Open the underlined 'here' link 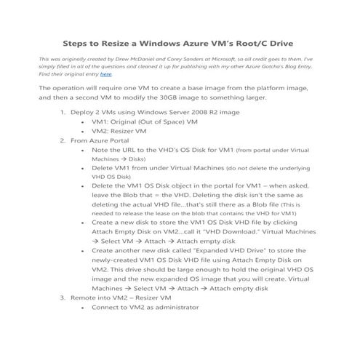[x=105, y=74]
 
